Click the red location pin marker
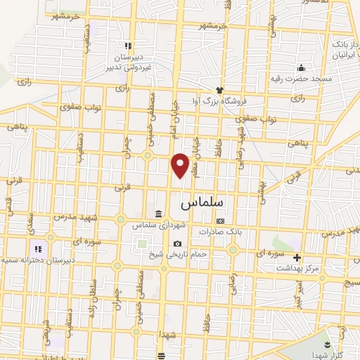tap(181, 165)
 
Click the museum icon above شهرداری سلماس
tap(157, 214)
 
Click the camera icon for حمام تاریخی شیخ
tap(177, 243)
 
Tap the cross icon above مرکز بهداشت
tap(297, 257)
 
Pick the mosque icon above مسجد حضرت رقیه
tap(302, 67)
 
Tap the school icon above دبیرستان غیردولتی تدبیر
tap(128, 46)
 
